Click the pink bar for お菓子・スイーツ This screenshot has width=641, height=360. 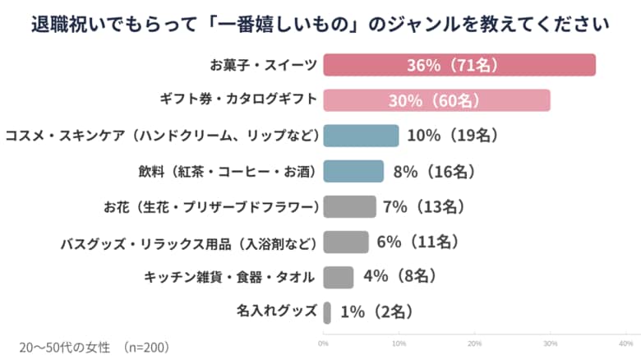pos(459,65)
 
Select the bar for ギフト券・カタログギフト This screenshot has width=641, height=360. pos(436,100)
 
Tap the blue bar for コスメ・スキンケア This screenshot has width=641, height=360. pos(361,136)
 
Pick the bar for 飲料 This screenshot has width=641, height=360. pos(353,171)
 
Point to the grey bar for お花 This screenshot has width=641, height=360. pos(349,206)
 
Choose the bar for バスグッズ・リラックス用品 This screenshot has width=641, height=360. pos(346,242)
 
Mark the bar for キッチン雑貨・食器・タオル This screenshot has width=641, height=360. pos(339,277)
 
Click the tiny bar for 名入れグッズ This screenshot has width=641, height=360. pos(327,312)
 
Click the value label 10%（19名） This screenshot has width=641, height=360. pos(454,136)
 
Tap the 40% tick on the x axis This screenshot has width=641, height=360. pos(625,343)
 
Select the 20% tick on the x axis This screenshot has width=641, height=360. pos(474,343)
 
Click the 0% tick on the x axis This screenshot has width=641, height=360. pos(323,343)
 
